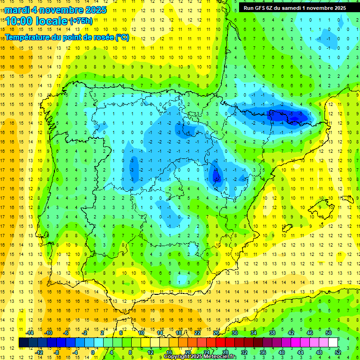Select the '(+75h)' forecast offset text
(81, 21)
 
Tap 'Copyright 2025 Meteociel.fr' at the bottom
(200, 357)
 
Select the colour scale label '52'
(337, 352)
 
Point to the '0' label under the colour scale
(93, 352)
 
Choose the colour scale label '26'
(216, 333)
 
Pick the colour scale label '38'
(272, 333)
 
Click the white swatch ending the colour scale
(333, 343)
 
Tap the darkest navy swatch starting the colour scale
(23, 343)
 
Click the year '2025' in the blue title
(95, 10)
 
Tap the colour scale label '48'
(319, 352)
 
